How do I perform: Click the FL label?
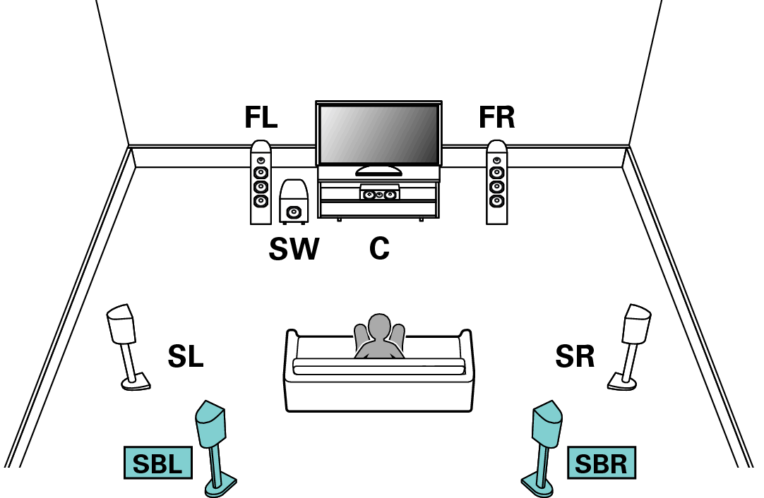pos(261,117)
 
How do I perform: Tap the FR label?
pos(496,117)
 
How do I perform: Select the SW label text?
pos(294,249)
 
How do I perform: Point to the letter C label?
pos(379,249)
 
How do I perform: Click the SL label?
pos(185,356)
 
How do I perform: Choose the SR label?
pos(575,356)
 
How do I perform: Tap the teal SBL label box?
pos(158,463)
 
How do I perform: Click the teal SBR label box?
pos(602,463)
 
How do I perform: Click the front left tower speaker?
pos(261,183)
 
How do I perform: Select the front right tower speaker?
pos(496,183)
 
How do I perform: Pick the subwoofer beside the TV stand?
pos(293,202)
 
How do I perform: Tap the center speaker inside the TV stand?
pos(379,193)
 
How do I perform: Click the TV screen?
pos(378,134)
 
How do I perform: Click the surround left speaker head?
pos(120,324)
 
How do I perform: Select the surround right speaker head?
pos(637,324)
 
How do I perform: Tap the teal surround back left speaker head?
pos(210,423)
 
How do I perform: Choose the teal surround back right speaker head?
pos(547,423)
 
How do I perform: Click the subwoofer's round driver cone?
pos(293,212)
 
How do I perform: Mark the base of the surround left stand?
pos(136,382)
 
